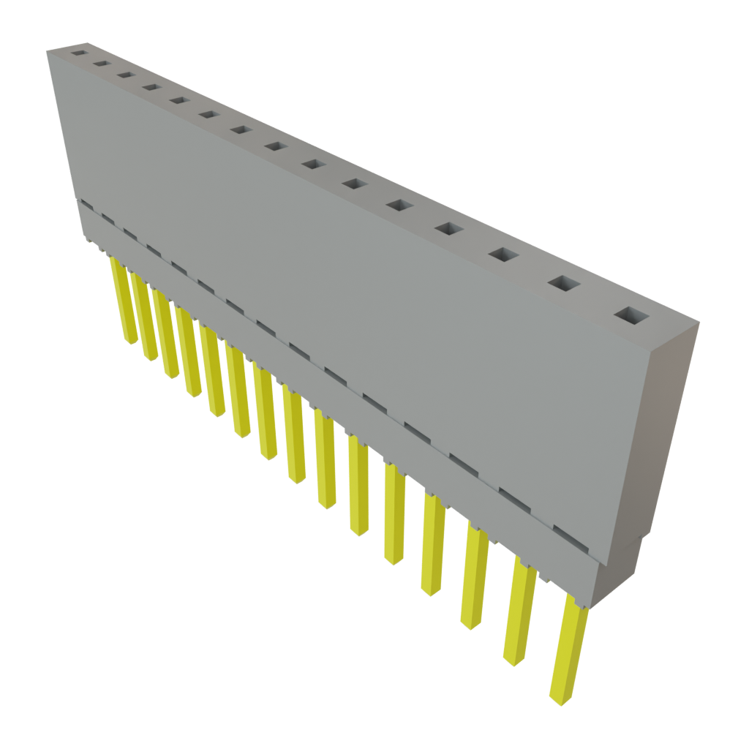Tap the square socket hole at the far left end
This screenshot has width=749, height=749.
click(x=77, y=53)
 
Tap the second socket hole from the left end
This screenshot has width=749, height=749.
click(x=101, y=64)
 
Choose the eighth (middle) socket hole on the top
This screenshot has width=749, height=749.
click(x=275, y=146)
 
